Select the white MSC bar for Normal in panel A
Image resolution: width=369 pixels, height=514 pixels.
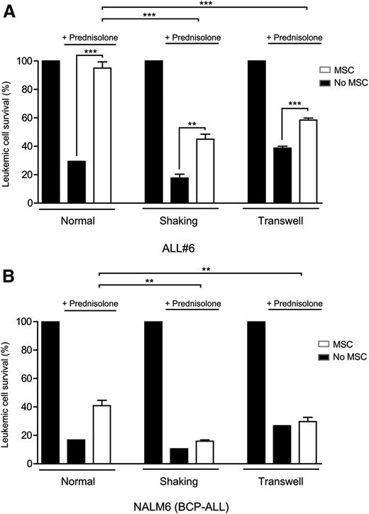pyautogui.click(x=105, y=136)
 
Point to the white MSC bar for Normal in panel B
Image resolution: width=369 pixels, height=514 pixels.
pyautogui.click(x=105, y=434)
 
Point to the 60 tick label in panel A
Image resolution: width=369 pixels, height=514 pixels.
pyautogui.click(x=28, y=118)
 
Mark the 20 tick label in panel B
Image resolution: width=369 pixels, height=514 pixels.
pyautogui.click(x=28, y=436)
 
